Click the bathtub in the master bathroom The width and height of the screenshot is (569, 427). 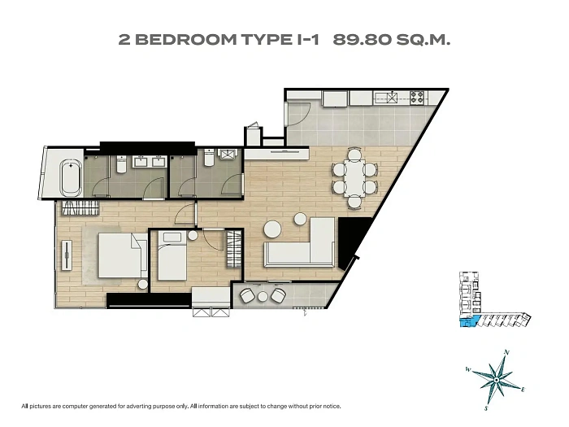[x=72, y=178]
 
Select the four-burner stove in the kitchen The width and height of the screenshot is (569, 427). [x=417, y=97]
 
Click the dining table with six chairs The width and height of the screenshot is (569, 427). [x=354, y=178]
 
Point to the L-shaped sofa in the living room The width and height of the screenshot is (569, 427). [x=305, y=247]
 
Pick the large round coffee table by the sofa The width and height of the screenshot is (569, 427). [x=272, y=229]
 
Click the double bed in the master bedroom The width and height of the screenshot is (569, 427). [x=123, y=255]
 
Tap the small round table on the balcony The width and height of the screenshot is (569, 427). [x=263, y=297]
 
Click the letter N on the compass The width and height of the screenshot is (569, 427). [x=507, y=352]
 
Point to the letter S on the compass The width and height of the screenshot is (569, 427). [x=486, y=408]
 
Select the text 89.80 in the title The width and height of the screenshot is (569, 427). [x=363, y=40]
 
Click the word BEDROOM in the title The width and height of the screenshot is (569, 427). [x=186, y=40]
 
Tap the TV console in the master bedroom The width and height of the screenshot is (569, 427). [x=67, y=255]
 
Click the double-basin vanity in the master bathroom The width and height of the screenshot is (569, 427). [x=150, y=161]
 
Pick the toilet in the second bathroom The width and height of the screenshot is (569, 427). [x=209, y=158]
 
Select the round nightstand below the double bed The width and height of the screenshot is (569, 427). [x=142, y=285]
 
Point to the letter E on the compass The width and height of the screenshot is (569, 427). [x=523, y=390]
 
